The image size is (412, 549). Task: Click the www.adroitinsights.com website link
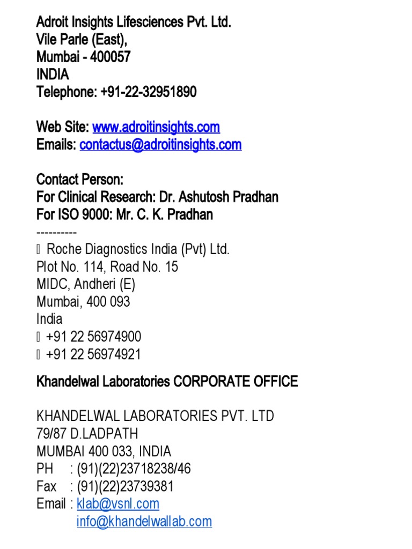pos(156,127)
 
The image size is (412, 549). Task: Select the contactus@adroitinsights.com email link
pos(160,145)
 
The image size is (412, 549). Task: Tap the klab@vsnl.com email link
pos(118,504)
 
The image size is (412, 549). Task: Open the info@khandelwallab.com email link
pos(144,522)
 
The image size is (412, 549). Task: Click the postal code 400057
pos(110,57)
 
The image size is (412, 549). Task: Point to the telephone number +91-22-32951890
pos(148,92)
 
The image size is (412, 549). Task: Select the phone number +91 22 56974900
pos(94,337)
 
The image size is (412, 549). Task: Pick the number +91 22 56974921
pos(94,354)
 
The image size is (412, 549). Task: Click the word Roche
pos(62,249)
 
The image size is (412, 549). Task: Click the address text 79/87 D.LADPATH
pos(87,434)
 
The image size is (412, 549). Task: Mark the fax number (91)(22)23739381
pos(125,487)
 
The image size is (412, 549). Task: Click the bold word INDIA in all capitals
pos(53,75)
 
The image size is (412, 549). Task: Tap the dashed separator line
pos(56,233)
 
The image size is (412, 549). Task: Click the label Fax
pos(46,487)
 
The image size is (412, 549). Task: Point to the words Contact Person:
pos(80,180)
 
